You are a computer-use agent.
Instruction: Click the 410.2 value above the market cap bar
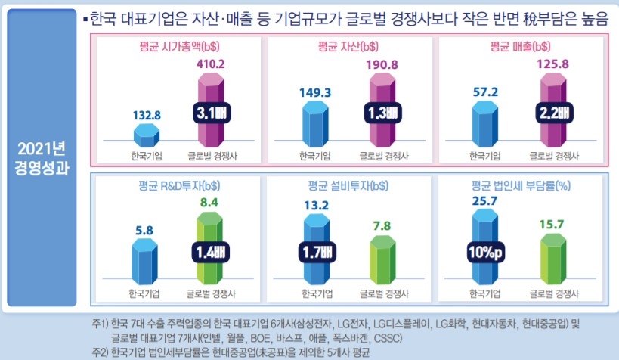[210, 64]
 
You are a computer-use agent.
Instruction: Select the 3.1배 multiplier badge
[210, 112]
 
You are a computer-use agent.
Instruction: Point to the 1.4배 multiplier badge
[210, 252]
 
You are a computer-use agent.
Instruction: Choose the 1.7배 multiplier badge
[317, 252]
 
